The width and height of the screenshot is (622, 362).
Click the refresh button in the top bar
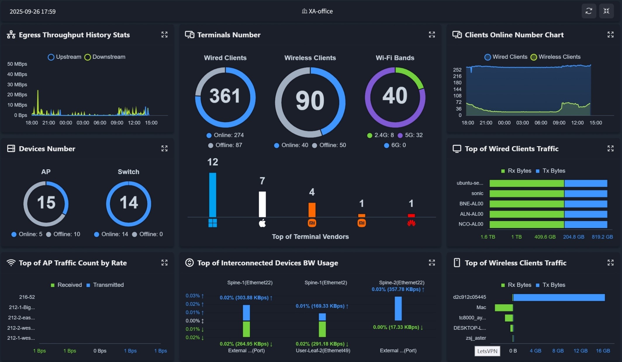tap(589, 11)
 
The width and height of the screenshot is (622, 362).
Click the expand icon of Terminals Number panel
tap(432, 35)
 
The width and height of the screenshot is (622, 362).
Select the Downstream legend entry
tap(105, 57)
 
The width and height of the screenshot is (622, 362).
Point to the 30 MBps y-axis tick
tap(17, 85)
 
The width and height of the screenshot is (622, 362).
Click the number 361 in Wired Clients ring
tap(225, 96)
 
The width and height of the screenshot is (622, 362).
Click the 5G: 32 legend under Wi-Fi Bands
tap(410, 135)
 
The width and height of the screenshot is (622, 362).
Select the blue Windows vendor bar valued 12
tap(212, 194)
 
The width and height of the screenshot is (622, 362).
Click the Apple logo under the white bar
tap(262, 223)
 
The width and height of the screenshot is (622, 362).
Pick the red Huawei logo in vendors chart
tap(411, 223)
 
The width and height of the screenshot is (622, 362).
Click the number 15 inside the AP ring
tap(46, 203)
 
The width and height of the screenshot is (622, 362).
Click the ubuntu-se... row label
tap(470, 183)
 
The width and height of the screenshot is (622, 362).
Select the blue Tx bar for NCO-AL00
tap(585, 224)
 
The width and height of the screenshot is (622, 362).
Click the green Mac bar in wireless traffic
tap(504, 308)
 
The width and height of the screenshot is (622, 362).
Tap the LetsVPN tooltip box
tap(487, 351)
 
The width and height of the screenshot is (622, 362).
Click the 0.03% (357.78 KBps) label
tap(398, 289)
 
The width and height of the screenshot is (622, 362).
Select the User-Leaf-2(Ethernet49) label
tap(323, 351)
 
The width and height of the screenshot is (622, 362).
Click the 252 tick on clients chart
tap(457, 70)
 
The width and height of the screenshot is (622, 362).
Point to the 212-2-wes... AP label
tap(21, 328)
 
